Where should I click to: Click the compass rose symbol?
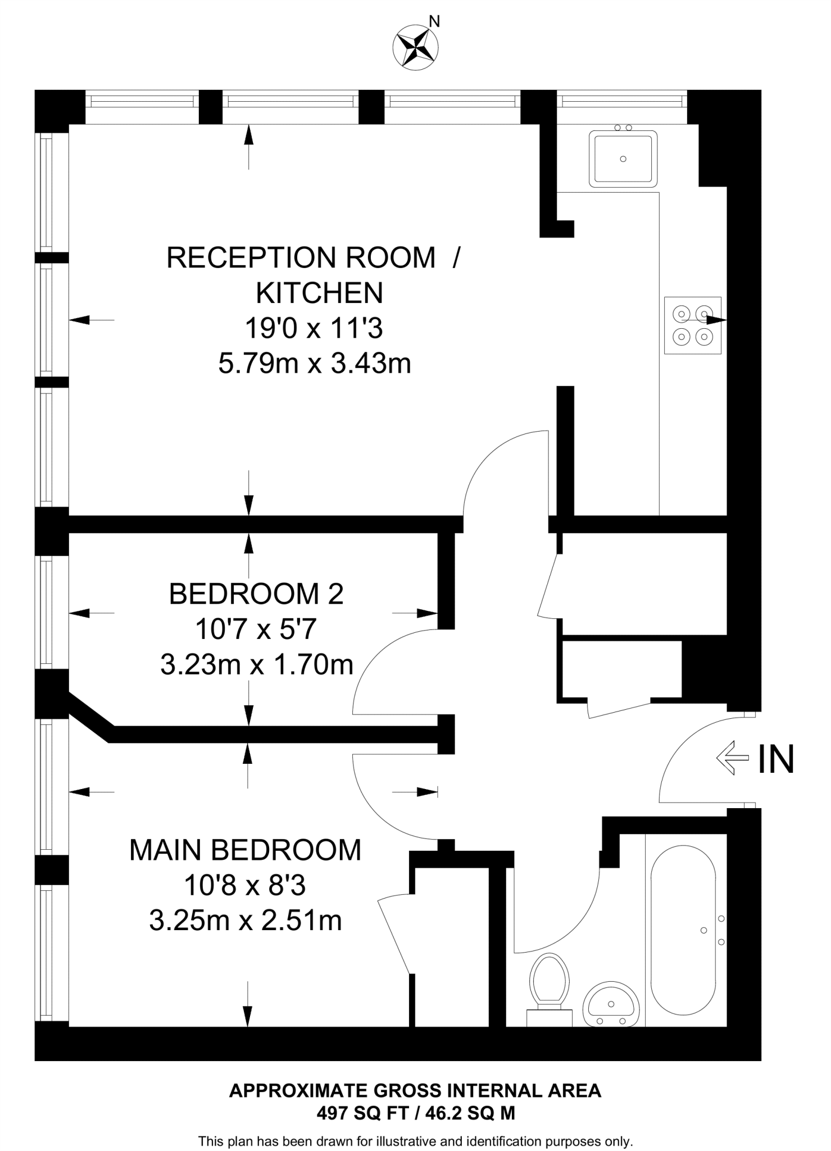click(x=415, y=47)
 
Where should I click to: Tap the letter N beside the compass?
click(x=434, y=22)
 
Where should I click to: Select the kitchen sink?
click(x=623, y=158)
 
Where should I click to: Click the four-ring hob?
click(x=692, y=325)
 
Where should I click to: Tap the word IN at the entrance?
click(x=775, y=759)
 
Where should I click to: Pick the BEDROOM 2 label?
click(x=256, y=594)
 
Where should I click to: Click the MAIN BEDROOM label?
click(x=245, y=850)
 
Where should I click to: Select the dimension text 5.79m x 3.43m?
click(x=315, y=364)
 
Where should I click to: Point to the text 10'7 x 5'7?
click(x=256, y=629)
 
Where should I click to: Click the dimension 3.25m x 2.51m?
click(x=246, y=921)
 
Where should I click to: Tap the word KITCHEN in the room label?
click(x=319, y=293)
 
